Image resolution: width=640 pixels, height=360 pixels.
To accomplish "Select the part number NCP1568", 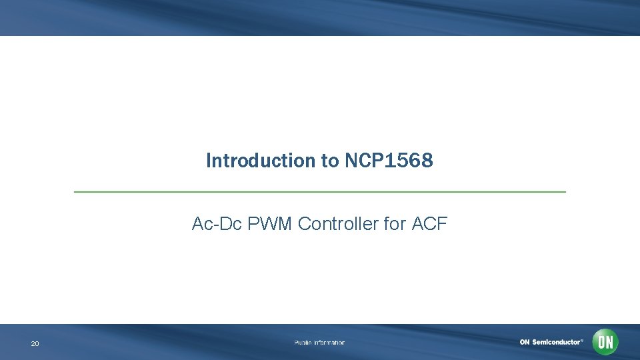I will coord(389,161).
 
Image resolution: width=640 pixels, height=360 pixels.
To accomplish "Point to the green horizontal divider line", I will coord(320,192).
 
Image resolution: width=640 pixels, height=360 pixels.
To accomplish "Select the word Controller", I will coord(339,224).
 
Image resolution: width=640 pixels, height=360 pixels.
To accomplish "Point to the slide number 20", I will coord(35,344).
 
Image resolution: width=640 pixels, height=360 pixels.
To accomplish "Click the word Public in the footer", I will coord(303,343).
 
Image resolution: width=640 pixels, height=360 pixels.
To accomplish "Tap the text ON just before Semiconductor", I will coord(525,342).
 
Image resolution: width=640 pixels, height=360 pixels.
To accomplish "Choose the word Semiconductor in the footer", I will coord(555,342).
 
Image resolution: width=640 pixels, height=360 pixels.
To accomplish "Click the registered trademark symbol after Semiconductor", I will coord(581,340).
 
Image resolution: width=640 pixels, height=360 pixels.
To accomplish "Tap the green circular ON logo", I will coord(605,342).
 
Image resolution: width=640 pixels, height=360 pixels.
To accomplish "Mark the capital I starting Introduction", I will coord(209,161).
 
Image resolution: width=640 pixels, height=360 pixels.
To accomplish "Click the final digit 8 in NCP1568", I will coord(427,161).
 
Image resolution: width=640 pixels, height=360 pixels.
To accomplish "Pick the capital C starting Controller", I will coord(304,224).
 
